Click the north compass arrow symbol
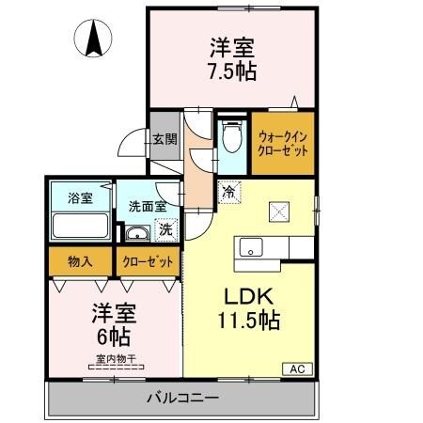94,39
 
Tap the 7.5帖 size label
232,70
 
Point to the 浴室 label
79,198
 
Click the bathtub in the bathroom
79,227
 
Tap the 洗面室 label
148,206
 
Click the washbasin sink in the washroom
137,234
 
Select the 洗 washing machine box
165,228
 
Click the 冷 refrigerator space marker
227,192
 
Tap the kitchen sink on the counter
251,247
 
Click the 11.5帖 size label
249,319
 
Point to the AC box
295,368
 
